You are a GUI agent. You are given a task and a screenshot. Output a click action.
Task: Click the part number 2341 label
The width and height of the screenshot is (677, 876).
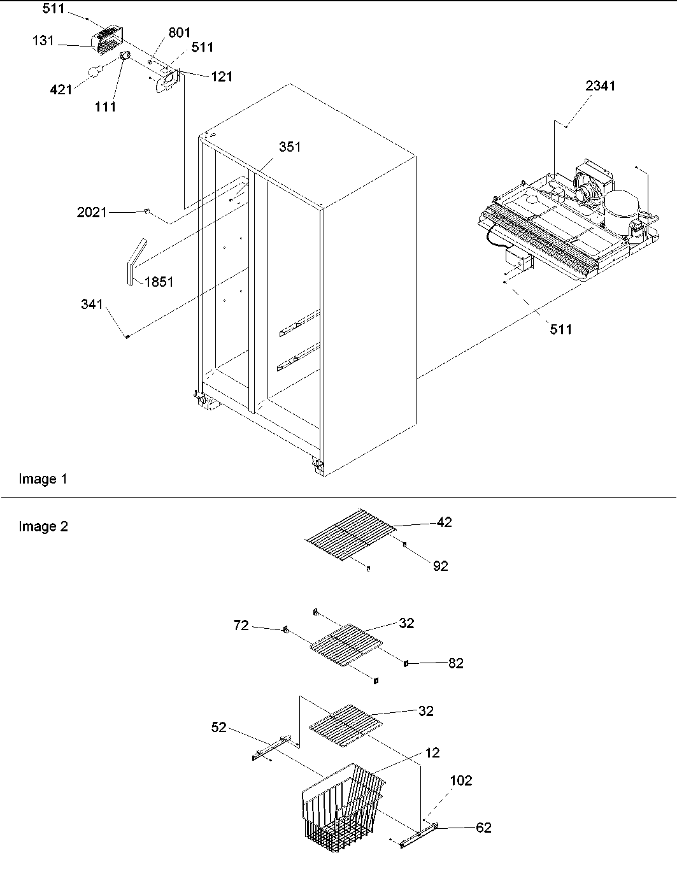pyautogui.click(x=600, y=85)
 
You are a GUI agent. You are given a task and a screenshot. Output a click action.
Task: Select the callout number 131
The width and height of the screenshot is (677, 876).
pyautogui.click(x=45, y=41)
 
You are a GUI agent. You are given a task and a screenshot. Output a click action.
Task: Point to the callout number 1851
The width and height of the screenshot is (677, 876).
pyautogui.click(x=159, y=282)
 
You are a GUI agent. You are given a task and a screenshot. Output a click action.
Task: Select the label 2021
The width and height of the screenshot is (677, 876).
pyautogui.click(x=92, y=212)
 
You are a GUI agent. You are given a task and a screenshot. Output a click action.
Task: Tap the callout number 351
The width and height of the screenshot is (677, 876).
pyautogui.click(x=289, y=147)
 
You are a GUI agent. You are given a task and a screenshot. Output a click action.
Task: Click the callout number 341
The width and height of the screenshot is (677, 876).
pyautogui.click(x=92, y=305)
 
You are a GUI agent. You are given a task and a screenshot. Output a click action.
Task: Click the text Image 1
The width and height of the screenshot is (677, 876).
pyautogui.click(x=43, y=479)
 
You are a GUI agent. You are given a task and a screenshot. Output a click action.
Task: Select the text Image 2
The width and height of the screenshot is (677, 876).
pyautogui.click(x=43, y=526)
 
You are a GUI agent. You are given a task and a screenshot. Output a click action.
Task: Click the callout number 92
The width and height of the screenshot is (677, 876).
pyautogui.click(x=440, y=566)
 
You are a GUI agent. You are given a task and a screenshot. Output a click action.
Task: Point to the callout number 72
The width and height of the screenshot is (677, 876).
pyautogui.click(x=241, y=626)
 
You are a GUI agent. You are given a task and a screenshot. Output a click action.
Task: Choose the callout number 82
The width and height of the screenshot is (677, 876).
pyautogui.click(x=455, y=663)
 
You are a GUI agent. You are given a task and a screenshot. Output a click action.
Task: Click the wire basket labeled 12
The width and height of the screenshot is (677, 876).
pyautogui.click(x=341, y=806)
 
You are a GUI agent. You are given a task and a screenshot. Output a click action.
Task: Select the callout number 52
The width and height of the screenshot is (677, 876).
pyautogui.click(x=218, y=727)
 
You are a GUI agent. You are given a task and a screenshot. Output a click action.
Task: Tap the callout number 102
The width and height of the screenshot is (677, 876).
pyautogui.click(x=460, y=780)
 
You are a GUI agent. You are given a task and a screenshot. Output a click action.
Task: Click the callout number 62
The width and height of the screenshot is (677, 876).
pyautogui.click(x=483, y=828)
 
